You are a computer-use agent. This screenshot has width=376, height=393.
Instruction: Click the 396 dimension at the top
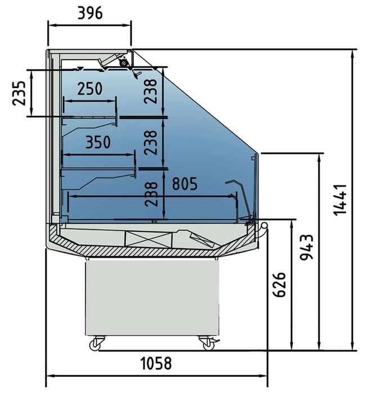point(89,12)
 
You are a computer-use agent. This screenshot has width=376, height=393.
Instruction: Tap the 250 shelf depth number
point(90,88)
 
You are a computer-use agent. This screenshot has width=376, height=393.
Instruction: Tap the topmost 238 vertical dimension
point(150,90)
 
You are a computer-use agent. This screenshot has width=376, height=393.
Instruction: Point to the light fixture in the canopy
point(123,63)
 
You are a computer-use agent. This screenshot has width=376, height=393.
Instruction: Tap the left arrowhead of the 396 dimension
point(50,25)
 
